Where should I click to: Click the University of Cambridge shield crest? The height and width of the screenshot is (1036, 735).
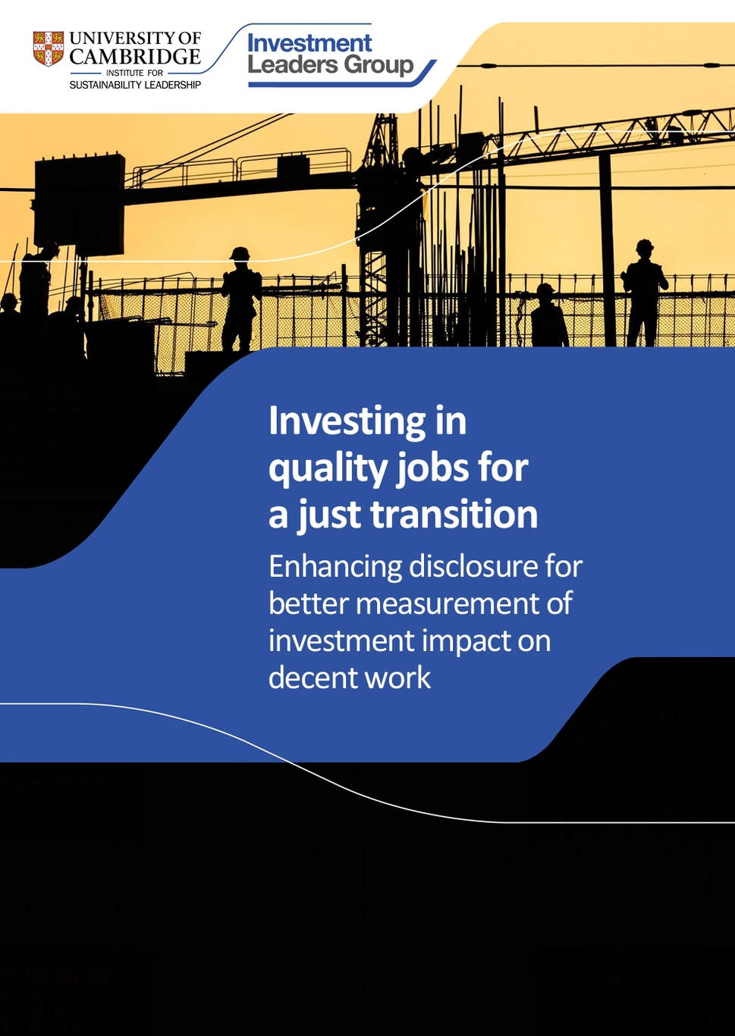click(48, 49)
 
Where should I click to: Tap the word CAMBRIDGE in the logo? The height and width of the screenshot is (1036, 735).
click(135, 57)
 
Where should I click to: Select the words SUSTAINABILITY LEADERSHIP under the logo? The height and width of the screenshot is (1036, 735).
click(135, 85)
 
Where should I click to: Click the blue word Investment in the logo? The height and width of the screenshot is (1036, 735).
click(309, 43)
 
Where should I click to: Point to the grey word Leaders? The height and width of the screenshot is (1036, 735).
click(293, 64)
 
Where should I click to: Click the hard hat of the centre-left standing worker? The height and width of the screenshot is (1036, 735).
click(240, 253)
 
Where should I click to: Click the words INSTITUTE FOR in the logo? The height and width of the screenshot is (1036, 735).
click(135, 73)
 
